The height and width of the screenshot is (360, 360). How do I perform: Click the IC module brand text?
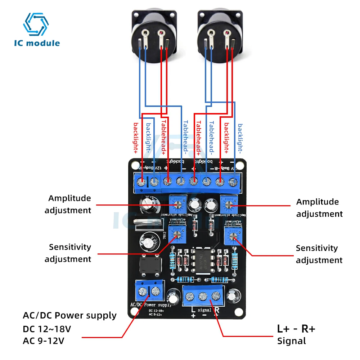coord(37,43)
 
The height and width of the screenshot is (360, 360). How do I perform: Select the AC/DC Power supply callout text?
coord(69,316)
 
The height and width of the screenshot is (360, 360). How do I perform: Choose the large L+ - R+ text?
coord(296,328)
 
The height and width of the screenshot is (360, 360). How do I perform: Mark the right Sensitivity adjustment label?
coord(319,254)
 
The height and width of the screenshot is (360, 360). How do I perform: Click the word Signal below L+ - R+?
coord(291,341)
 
